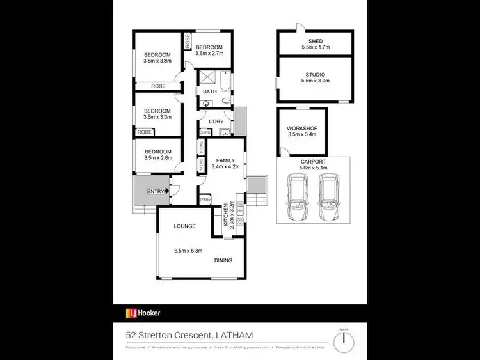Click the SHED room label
click(314, 40)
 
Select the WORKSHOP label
click(302, 128)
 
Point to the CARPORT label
click(314, 162)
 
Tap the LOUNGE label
click(184, 226)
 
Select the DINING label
click(223, 260)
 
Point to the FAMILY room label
click(225, 160)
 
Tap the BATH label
click(210, 91)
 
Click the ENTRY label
click(155, 191)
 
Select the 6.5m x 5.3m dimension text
click(188, 250)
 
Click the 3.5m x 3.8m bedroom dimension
click(157, 61)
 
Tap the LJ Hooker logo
click(143, 313)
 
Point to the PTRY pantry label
click(205, 200)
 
